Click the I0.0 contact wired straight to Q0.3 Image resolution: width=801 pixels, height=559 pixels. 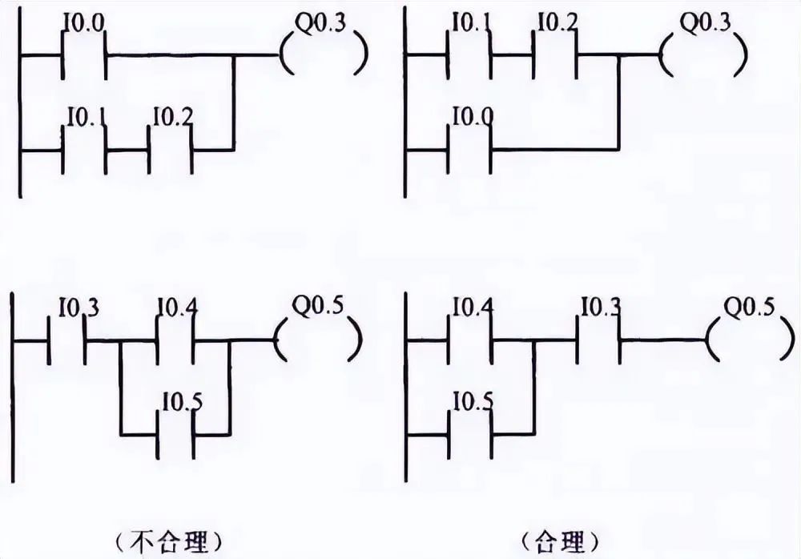(85, 57)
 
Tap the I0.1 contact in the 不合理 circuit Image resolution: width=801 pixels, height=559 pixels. (85, 149)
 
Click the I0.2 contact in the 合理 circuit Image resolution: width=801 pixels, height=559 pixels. (556, 57)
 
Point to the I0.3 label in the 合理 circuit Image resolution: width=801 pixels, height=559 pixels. (601, 306)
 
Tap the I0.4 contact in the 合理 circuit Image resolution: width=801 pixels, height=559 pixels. (470, 340)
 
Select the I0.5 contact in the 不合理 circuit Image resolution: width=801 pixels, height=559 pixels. (175, 433)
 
